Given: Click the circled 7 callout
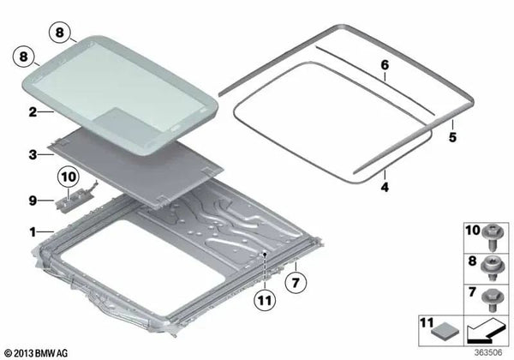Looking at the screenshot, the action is pos(296,282).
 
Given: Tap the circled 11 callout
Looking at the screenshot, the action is pos(265,300).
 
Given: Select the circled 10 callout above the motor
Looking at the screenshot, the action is pos(69,177).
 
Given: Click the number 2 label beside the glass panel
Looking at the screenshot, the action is pos(33,112).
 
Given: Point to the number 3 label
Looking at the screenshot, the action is pos(33,154).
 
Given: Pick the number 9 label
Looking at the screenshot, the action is pos(33,200).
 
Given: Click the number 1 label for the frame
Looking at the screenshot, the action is pos(33,232).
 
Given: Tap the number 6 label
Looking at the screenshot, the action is pos(385,65).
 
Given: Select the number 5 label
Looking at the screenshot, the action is pos(452,137).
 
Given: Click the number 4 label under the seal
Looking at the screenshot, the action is pos(385,187).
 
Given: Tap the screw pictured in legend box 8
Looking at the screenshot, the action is pos(491,268).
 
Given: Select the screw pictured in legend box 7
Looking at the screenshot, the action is pos(491,300).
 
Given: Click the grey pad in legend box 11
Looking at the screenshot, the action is pos(445,331).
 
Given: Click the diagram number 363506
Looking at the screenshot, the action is pos(488,352).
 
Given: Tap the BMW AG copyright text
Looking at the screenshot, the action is pos(36,353).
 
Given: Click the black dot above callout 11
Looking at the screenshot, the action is pos(265,254).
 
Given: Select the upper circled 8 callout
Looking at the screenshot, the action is pos(60,33).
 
